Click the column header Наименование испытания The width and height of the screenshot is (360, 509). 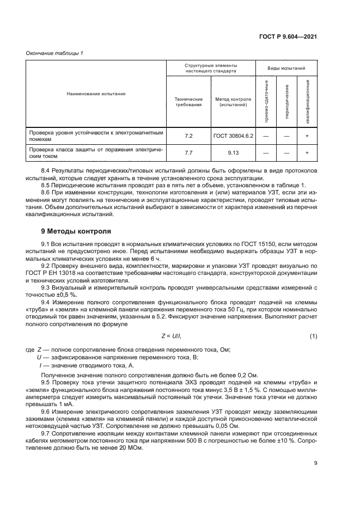(96, 94)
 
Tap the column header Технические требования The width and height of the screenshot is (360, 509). (188, 102)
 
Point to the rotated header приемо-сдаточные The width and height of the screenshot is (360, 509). (266, 99)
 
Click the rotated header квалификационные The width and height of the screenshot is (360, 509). (308, 99)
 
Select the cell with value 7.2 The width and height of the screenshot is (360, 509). (188, 135)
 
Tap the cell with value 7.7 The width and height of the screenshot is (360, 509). (188, 153)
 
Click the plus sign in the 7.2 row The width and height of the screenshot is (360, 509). (307, 135)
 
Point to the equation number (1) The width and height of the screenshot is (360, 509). (313, 336)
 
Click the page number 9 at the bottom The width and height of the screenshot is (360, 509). (315, 479)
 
